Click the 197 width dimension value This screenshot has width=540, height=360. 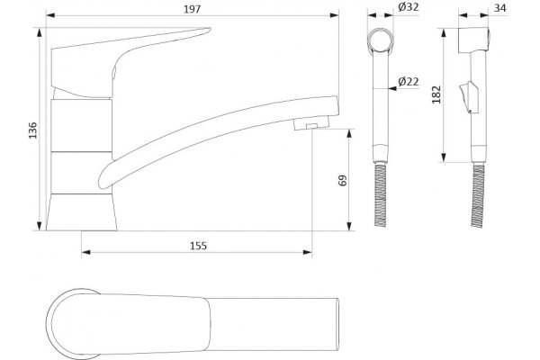[192, 9]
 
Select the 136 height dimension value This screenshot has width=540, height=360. [32, 130]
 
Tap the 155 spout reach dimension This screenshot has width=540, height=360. [198, 246]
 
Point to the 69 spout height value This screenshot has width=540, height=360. [343, 181]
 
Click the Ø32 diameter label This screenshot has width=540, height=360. [409, 7]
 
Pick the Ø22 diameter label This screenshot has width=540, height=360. [409, 82]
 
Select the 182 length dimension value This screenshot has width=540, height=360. [436, 94]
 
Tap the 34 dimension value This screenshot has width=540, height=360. [500, 7]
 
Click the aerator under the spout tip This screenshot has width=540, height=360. [311, 123]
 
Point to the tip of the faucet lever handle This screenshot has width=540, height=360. [210, 30]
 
